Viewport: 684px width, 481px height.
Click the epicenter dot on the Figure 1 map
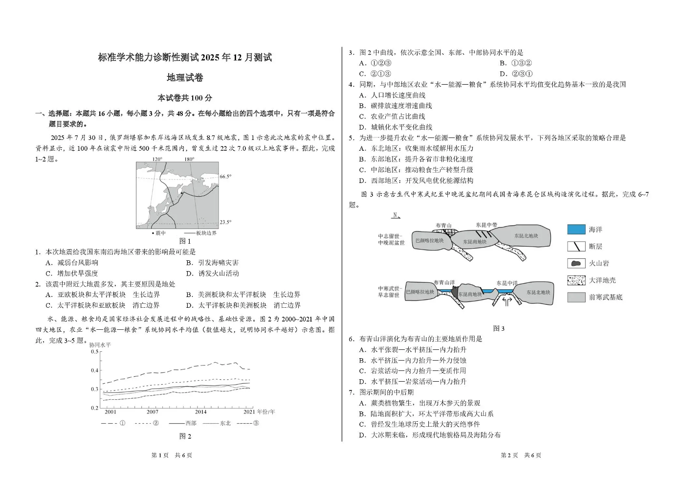(182, 193)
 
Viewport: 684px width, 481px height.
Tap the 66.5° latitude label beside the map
(225, 177)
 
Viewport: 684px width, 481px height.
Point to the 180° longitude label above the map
(189, 159)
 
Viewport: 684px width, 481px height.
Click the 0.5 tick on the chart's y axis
(94, 351)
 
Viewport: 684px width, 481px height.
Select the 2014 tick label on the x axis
(200, 412)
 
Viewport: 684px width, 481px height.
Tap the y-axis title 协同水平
(100, 345)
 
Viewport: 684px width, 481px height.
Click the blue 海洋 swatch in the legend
(576, 229)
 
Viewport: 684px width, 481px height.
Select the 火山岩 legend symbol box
(576, 263)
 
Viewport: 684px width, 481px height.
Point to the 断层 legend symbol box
(576, 246)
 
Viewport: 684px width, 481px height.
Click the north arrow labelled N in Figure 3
(396, 215)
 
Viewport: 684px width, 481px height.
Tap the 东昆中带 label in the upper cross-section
(486, 225)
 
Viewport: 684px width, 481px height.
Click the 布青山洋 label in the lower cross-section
(444, 282)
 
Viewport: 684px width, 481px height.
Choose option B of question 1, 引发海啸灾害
(213, 263)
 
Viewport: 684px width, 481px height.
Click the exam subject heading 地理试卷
(185, 78)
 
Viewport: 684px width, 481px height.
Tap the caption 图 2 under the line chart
(185, 436)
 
